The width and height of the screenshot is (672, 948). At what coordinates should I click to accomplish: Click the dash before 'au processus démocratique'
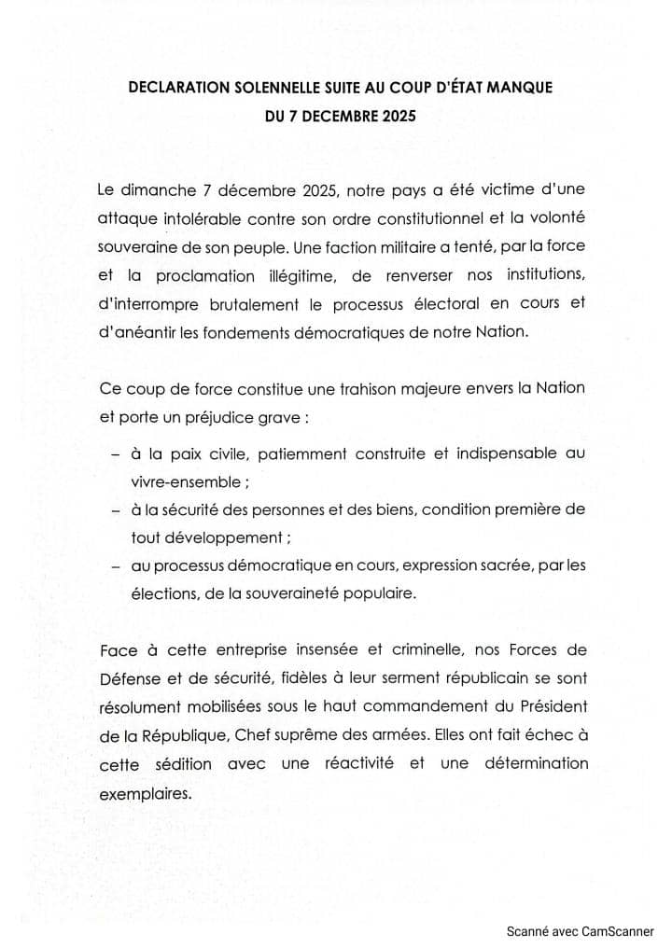pos(115,566)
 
